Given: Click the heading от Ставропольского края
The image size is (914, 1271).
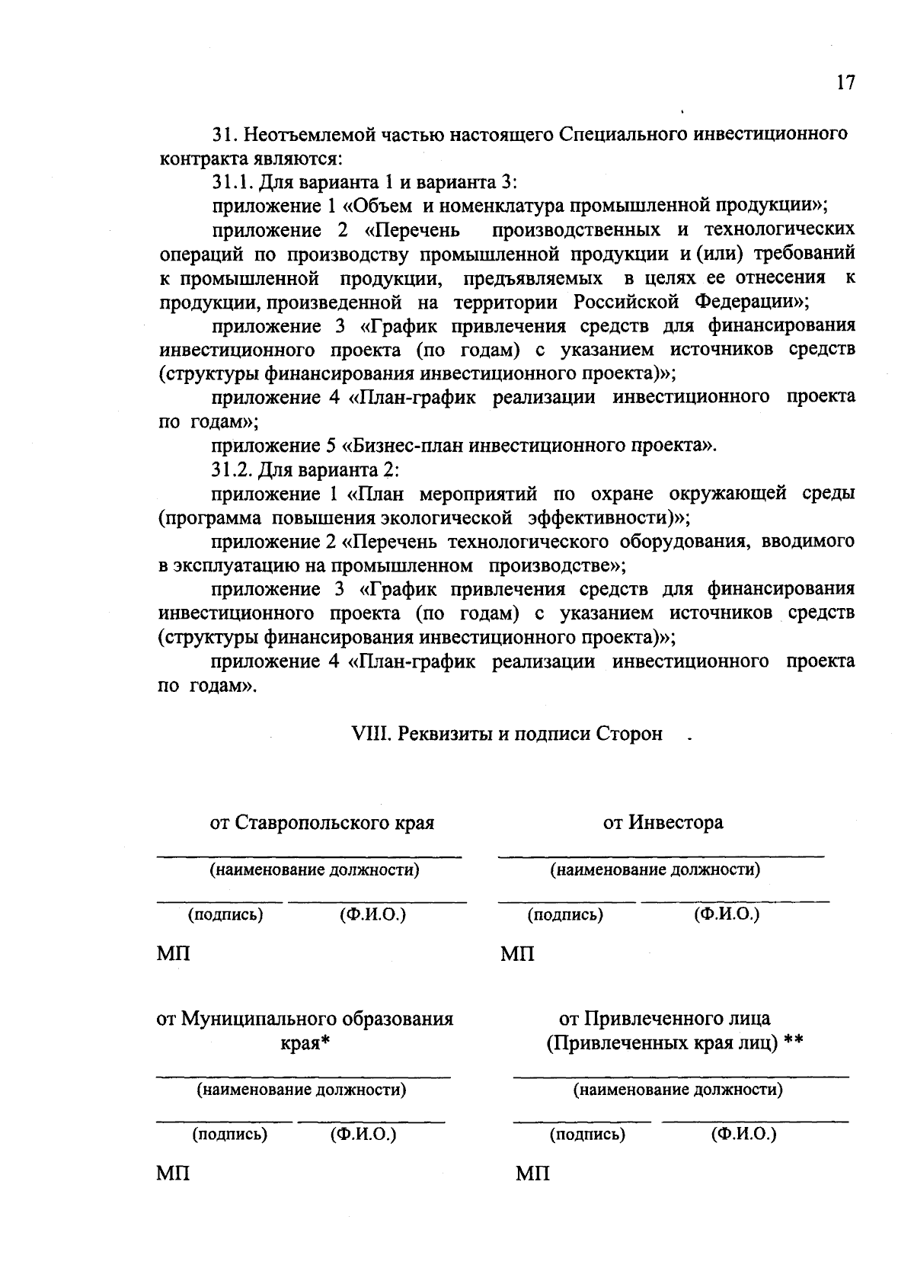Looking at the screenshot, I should tap(322, 823).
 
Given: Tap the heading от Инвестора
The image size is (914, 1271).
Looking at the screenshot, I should tap(663, 823).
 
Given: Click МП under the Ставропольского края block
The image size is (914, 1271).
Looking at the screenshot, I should tap(174, 953).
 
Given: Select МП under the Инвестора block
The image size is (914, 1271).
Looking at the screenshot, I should tap(518, 953).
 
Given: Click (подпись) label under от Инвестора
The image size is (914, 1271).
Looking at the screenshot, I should tap(565, 914).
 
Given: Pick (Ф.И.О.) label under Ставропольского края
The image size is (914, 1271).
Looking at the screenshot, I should tap(372, 914).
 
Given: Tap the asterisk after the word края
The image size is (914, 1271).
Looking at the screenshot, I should tap(324, 1041).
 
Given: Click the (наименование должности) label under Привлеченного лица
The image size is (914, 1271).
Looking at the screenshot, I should tap(677, 1090).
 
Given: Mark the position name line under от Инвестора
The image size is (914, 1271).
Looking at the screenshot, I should tap(661, 858).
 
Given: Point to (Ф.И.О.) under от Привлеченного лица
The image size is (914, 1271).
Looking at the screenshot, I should tap(743, 1134).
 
